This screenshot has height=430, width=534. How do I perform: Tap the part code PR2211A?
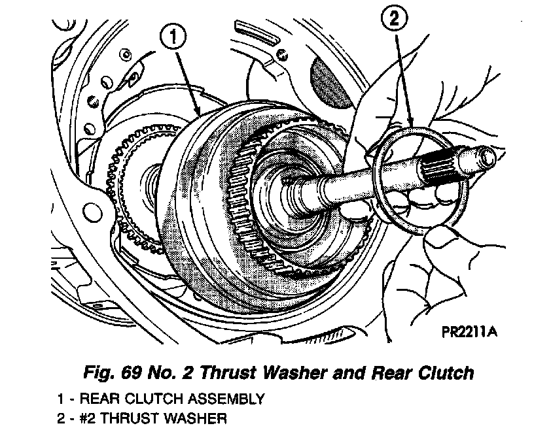pos(469,333)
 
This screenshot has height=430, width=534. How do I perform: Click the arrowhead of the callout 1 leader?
pos(201,115)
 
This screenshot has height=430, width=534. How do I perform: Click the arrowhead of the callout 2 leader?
pos(411,124)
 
